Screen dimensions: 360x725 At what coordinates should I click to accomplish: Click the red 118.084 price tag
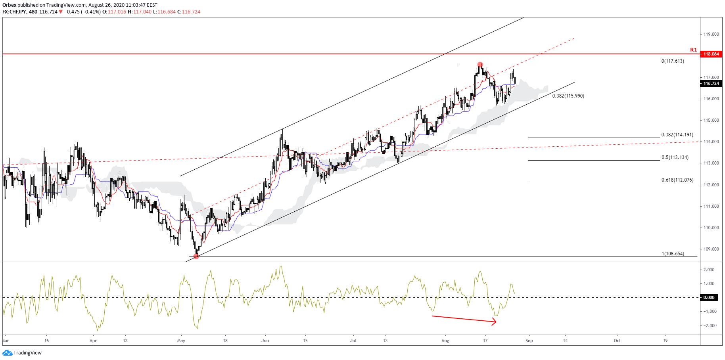click(711, 54)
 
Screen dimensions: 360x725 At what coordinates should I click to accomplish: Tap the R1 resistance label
click(693, 50)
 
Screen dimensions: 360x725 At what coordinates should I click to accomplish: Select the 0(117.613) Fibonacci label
click(672, 61)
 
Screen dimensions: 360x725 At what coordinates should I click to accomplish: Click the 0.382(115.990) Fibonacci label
click(568, 96)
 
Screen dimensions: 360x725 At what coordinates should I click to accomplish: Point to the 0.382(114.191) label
click(677, 135)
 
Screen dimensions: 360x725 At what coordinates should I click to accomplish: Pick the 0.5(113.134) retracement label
click(675, 157)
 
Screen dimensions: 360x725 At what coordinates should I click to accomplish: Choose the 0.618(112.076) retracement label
click(677, 180)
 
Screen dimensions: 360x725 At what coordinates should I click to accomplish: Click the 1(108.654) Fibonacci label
click(673, 254)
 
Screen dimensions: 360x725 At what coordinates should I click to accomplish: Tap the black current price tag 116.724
click(711, 83)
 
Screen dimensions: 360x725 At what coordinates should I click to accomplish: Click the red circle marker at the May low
click(196, 257)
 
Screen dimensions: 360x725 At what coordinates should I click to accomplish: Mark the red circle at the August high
click(480, 64)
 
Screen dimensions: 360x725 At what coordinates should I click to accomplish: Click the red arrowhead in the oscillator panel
click(494, 322)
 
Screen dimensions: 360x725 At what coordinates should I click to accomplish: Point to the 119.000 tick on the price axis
click(711, 34)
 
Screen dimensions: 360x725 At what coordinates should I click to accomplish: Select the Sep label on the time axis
click(529, 341)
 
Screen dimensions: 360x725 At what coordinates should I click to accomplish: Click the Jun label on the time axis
click(265, 341)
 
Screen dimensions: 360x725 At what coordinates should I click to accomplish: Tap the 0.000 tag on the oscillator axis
click(709, 297)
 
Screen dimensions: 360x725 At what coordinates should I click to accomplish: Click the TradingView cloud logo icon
click(7, 353)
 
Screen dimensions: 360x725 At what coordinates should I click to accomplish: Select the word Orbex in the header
click(9, 5)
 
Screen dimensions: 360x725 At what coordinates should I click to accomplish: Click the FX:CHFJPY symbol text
click(15, 12)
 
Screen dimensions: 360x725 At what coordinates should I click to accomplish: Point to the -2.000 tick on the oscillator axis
click(710, 326)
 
